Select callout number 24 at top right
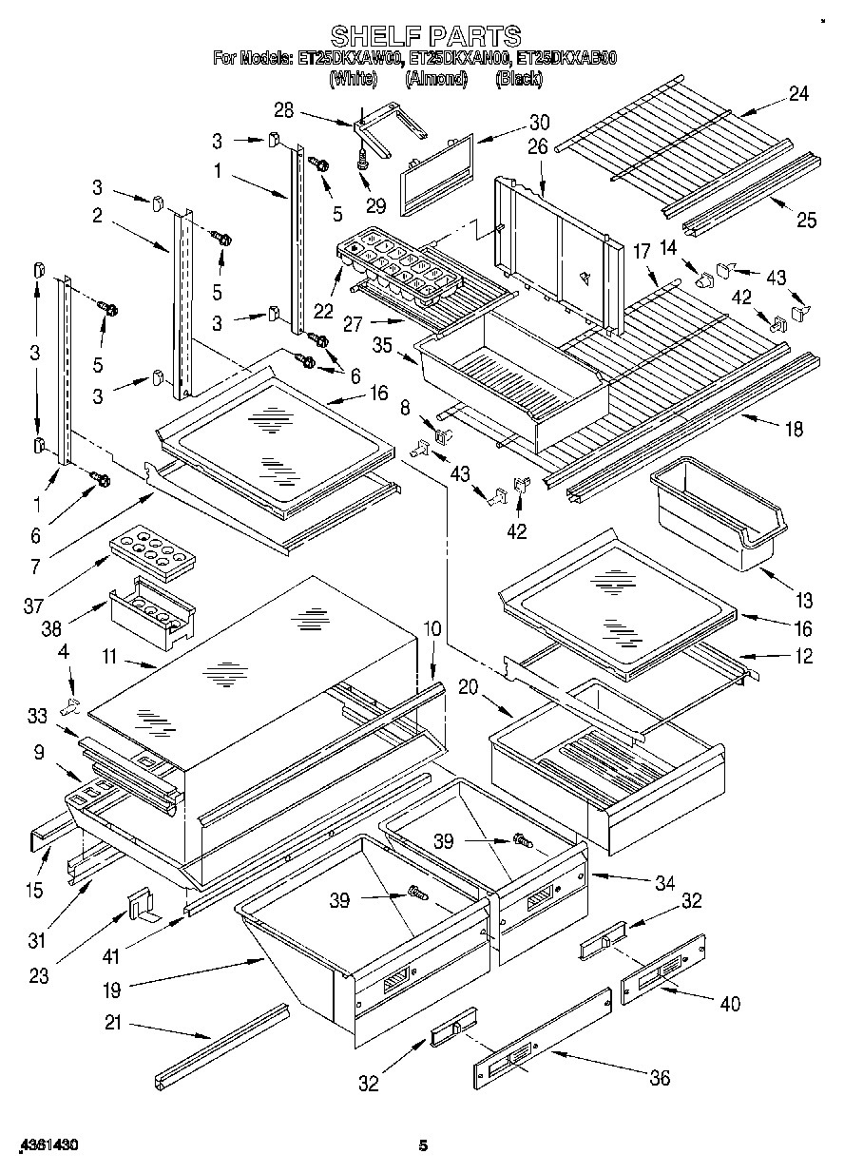click(798, 94)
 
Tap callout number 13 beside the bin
click(804, 601)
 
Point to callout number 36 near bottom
click(659, 1077)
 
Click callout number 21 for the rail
click(113, 1025)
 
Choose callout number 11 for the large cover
click(109, 656)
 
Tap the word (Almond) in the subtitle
click(437, 80)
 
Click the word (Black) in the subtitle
click(519, 80)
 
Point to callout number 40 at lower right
click(729, 1003)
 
